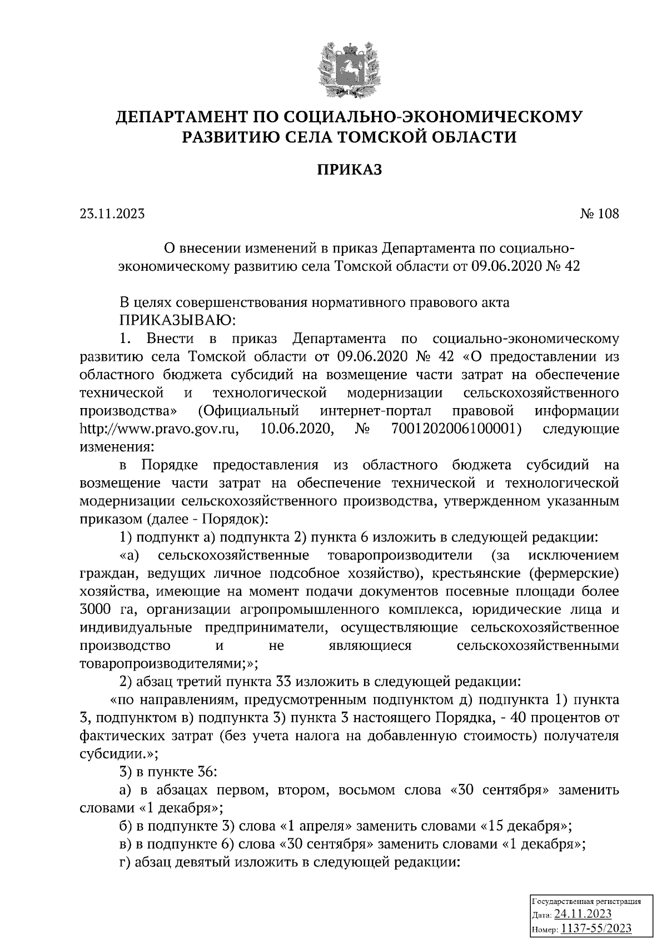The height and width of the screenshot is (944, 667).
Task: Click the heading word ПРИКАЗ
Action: point(350,170)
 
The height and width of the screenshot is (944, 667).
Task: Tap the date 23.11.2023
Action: point(112,213)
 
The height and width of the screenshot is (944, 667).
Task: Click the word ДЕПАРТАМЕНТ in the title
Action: point(181,117)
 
